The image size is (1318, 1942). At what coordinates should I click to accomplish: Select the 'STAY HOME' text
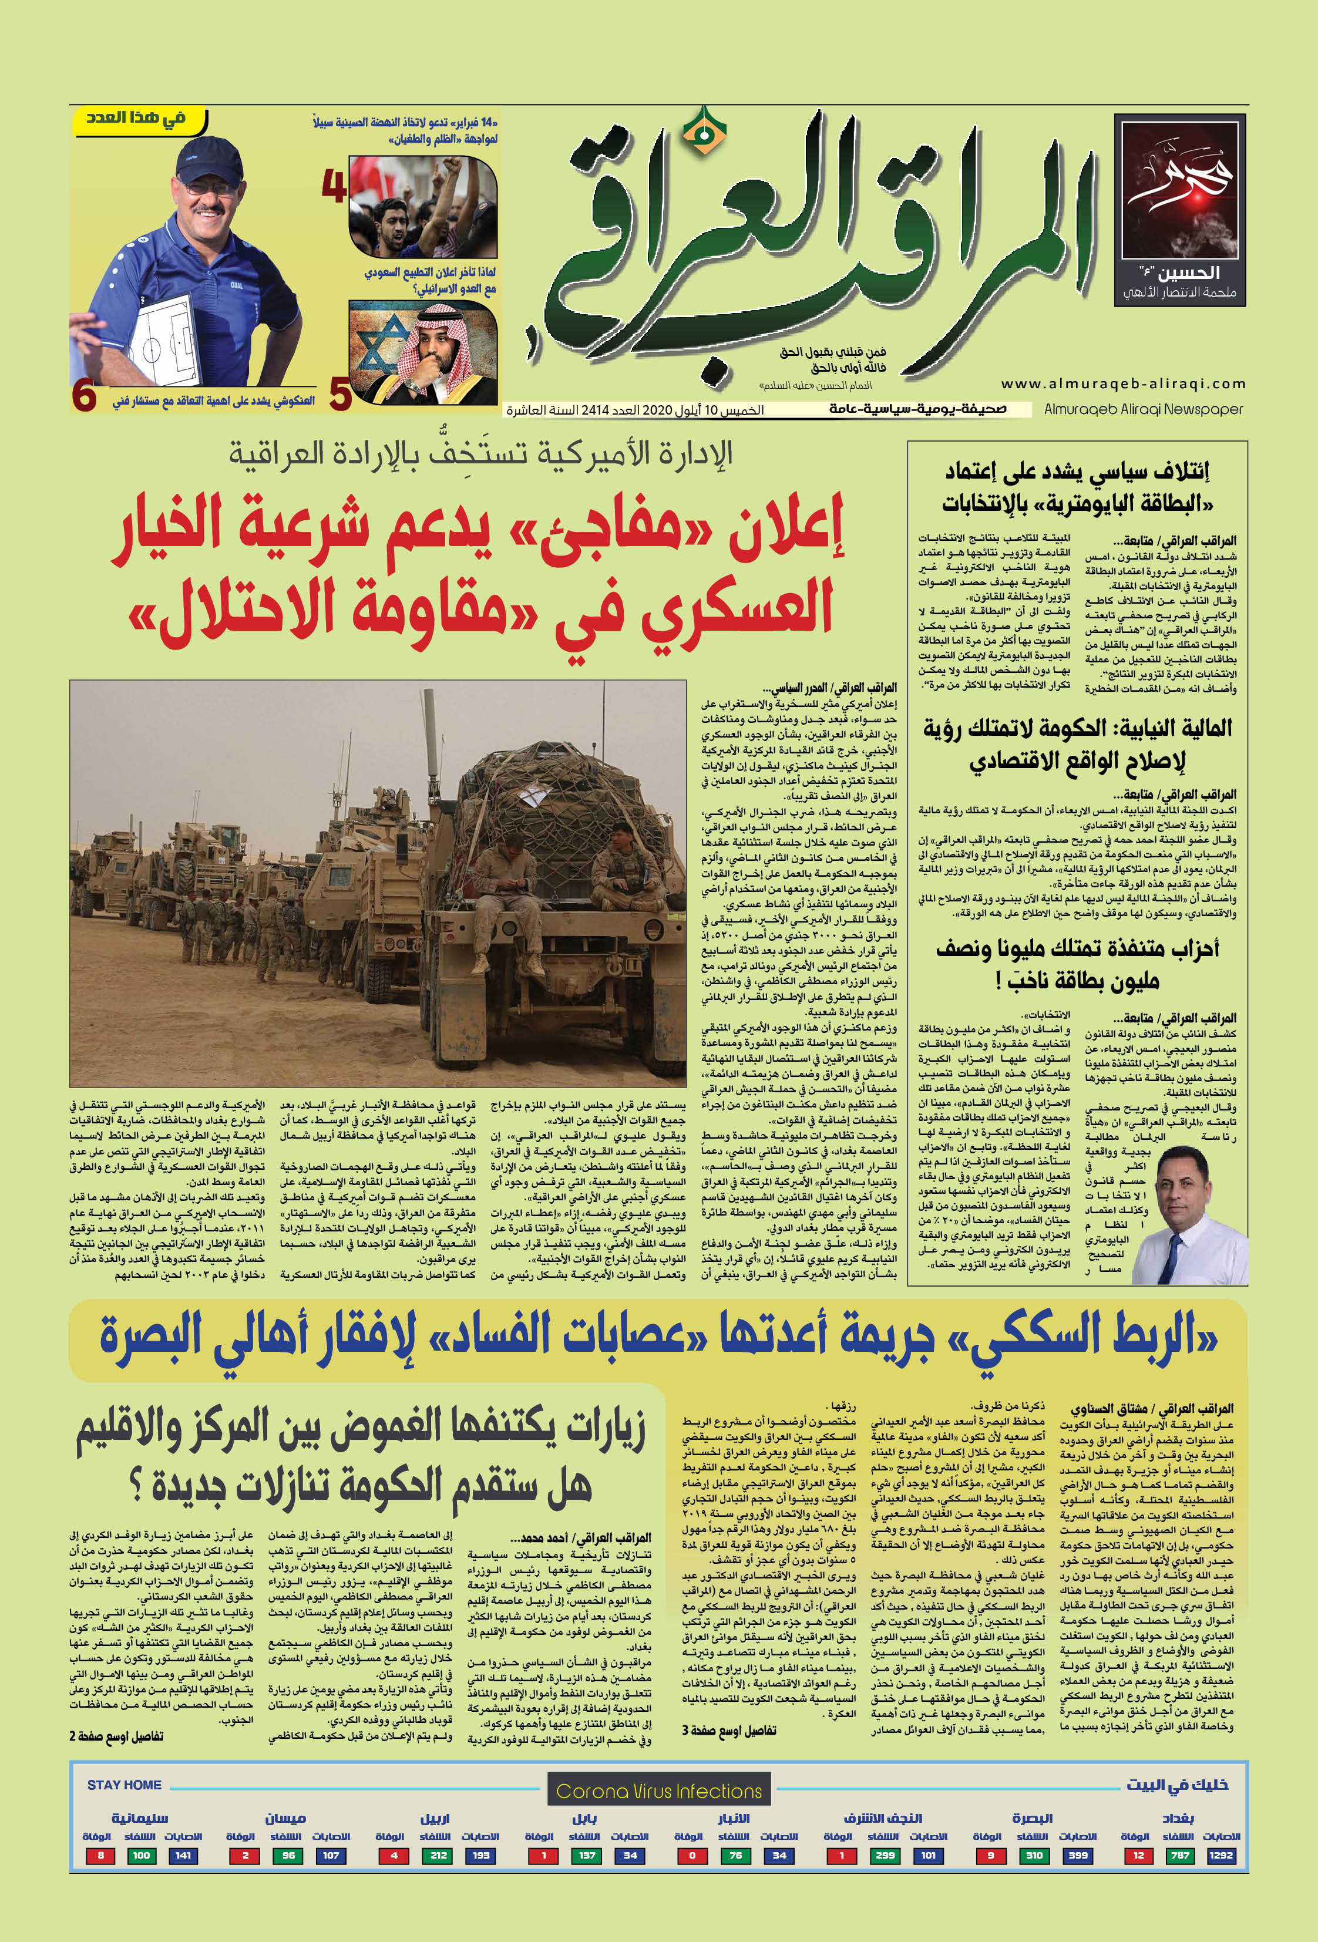[124, 1785]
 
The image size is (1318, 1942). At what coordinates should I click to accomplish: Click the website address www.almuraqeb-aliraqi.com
[1122, 383]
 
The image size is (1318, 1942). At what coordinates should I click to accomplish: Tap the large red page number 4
[334, 187]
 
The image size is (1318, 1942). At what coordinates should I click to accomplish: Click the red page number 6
[83, 397]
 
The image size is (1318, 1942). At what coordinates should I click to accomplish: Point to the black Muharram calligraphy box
[1179, 211]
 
